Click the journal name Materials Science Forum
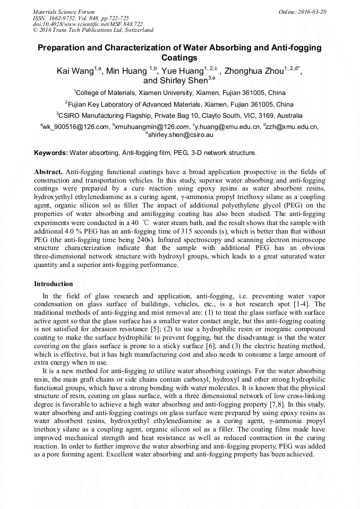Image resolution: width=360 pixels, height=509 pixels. point(64,11)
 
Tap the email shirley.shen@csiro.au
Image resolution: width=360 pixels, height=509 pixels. point(181,135)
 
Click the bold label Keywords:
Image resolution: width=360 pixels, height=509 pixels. point(51,153)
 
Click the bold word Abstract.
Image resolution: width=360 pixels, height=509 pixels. point(48,172)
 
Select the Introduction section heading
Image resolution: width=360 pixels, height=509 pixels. point(53,284)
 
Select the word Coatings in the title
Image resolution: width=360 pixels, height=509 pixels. point(179,58)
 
